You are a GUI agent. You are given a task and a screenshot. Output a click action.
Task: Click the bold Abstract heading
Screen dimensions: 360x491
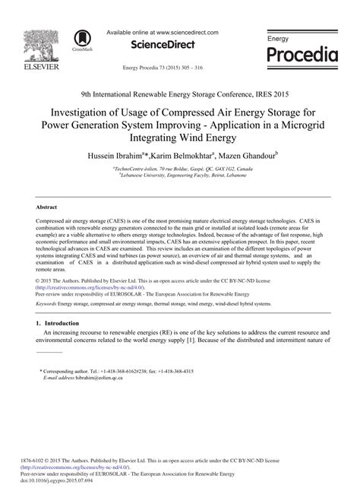48,206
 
